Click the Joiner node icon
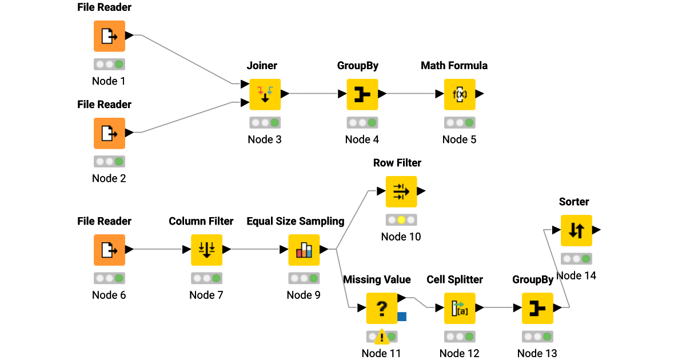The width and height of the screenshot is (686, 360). point(265,94)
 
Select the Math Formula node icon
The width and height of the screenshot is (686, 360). point(460,94)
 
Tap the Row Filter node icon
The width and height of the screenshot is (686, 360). point(401,191)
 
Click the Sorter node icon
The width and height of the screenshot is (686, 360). point(576,230)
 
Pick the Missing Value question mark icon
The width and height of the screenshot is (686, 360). point(382,308)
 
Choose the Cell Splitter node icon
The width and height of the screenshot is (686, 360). point(460,308)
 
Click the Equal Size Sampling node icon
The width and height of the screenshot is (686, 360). point(304,250)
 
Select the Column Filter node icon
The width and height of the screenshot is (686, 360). point(206,250)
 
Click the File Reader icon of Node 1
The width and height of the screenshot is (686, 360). point(109,36)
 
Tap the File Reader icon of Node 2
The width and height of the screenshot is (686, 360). point(109,133)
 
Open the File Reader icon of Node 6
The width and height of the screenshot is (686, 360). point(109,250)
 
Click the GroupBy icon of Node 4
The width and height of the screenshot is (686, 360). point(362,94)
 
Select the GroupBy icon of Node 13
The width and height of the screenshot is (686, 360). point(537,308)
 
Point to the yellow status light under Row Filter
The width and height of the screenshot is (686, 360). point(401,220)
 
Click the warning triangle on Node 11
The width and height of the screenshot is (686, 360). point(381,338)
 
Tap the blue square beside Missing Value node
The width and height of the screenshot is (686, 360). point(402,316)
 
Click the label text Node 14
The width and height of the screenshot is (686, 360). point(576,275)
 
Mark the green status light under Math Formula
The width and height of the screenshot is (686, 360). point(469,123)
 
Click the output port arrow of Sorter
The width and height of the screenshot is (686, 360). point(596,230)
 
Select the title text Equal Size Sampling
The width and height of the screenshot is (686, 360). point(296,221)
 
